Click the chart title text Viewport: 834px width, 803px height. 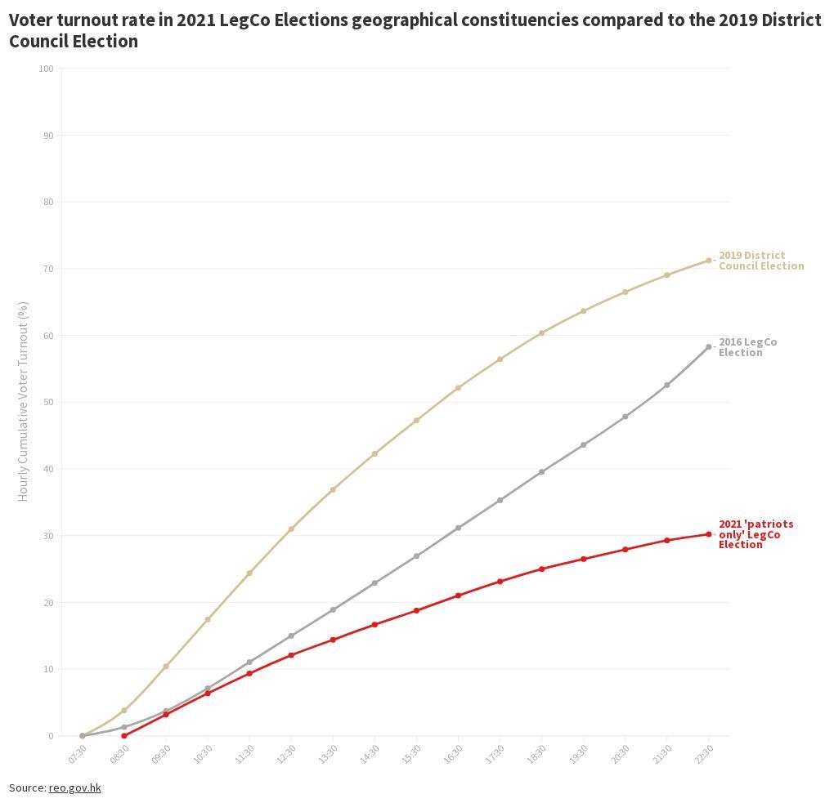point(415,30)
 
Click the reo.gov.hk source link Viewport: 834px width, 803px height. point(74,787)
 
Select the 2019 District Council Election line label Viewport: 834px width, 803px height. point(760,261)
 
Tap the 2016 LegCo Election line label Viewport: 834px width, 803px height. point(747,347)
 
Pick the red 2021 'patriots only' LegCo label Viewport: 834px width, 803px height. point(756,534)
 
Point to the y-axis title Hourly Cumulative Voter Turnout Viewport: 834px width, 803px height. point(23,401)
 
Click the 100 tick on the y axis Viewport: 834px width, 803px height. point(46,69)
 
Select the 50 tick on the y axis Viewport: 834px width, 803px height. point(48,402)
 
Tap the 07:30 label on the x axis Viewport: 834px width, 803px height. point(78,753)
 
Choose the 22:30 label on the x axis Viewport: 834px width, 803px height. point(704,753)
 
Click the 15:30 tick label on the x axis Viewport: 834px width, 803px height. point(412,753)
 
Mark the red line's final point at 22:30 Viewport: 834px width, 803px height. point(709,534)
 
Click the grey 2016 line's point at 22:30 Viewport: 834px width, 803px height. point(709,347)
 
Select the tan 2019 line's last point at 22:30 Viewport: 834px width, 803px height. point(709,261)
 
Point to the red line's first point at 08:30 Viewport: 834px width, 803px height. point(124,736)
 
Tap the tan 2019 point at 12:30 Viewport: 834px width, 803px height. point(291,529)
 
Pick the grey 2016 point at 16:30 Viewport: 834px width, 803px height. point(458,528)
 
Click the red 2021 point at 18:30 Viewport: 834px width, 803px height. point(541,569)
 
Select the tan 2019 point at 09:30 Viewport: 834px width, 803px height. point(166,667)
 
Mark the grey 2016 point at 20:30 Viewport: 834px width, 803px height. point(625,417)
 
